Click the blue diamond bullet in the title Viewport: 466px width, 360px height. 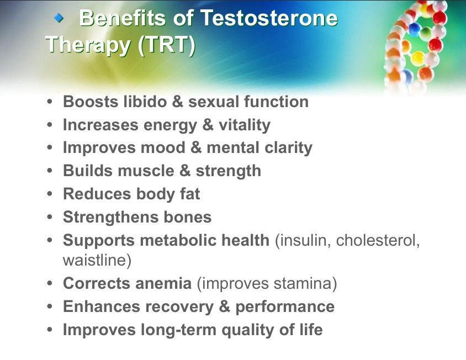pos(59,18)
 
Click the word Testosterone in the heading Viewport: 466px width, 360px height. pos(269,18)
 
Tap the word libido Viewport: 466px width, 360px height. pos(145,102)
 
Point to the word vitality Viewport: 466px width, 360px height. pos(245,125)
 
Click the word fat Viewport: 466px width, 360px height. pos(190,194)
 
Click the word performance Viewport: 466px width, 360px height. pos(285,307)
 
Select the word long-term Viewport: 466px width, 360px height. pos(178,330)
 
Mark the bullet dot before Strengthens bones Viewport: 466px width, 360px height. pos(50,216)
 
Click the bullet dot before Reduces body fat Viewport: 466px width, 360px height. pos(50,193)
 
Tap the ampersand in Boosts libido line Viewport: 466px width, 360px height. pos(177,102)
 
